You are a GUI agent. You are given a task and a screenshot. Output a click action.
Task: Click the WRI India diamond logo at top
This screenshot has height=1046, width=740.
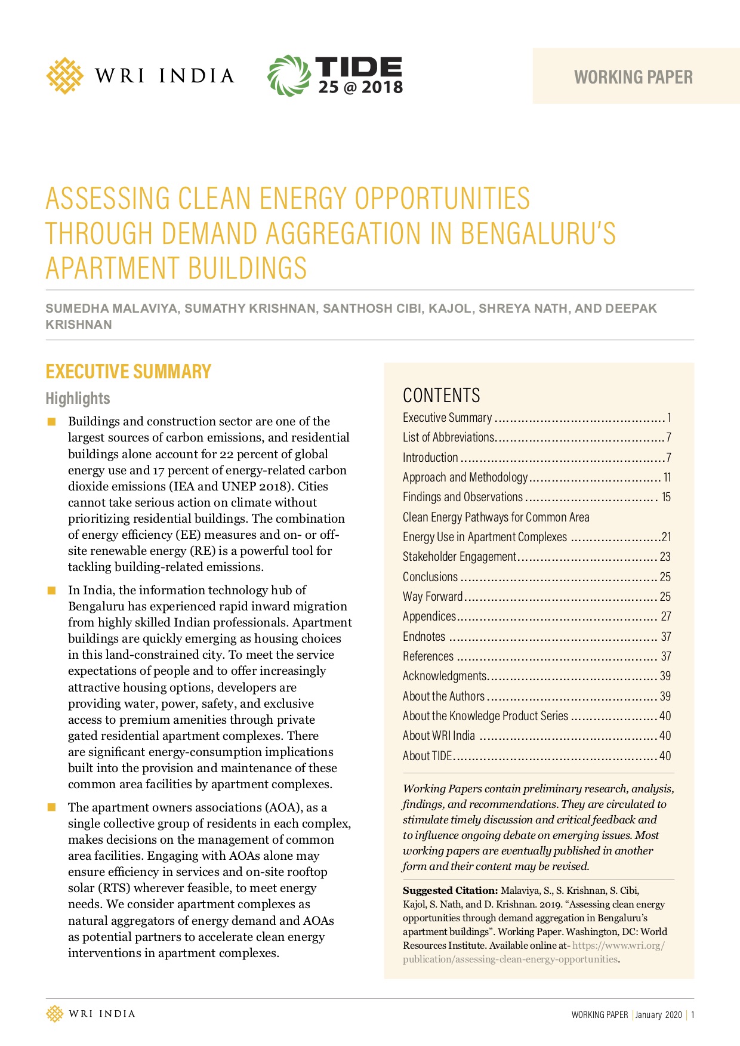coord(64,76)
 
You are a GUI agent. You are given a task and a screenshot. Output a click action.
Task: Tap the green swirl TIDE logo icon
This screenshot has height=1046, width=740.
coord(289,76)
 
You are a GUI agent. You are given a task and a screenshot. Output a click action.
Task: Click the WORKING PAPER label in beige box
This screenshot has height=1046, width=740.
coord(633,77)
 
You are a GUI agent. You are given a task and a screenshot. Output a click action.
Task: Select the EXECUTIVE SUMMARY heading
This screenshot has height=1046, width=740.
coord(128,371)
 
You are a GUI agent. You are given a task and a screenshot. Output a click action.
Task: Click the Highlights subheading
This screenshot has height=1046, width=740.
coord(78,398)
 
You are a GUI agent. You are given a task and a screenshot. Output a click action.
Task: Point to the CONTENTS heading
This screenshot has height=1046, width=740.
coord(441,395)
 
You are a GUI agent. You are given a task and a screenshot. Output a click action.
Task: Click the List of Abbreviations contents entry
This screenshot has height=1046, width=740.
coord(448,437)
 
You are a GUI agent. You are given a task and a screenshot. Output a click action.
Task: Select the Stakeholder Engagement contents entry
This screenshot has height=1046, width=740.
coord(459,557)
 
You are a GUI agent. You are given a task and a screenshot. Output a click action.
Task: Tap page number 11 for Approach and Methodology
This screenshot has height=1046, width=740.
coord(667,477)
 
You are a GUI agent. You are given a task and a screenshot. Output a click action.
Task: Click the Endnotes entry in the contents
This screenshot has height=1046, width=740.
coord(424,637)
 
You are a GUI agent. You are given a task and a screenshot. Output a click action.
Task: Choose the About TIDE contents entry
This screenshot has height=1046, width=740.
coord(427,756)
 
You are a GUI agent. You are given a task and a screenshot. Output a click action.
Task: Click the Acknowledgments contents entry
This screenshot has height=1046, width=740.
coord(445,676)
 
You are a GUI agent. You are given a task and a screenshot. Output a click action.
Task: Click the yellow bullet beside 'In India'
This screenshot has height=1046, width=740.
coord(52,591)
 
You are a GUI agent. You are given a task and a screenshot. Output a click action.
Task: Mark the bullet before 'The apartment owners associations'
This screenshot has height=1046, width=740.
coord(52,808)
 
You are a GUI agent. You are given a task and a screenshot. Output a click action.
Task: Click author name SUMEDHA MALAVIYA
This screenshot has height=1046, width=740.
coord(111,308)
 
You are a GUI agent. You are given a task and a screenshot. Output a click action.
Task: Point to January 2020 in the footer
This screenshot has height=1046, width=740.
coord(658,1014)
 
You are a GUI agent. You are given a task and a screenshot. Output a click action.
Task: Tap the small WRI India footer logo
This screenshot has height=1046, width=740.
coord(55,1014)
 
